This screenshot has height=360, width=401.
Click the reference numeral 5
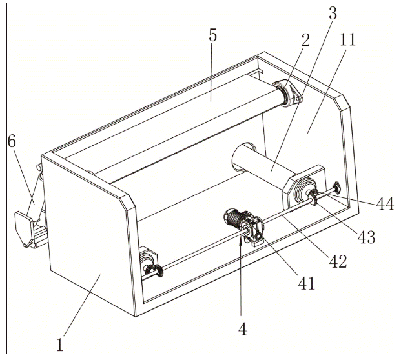[212, 36]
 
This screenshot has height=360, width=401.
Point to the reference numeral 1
[62, 342]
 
